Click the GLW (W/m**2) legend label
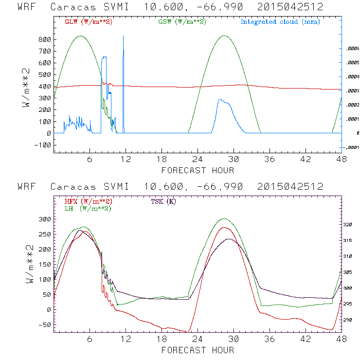(88, 22)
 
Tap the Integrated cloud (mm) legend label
(280, 22)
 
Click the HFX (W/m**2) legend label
(88, 201)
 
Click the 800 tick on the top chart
(44, 39)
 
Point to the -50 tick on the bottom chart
(44, 324)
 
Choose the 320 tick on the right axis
(351, 225)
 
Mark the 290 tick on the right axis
(351, 320)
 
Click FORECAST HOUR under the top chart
(198, 170)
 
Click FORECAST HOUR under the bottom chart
(198, 350)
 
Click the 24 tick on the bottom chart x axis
(198, 339)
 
